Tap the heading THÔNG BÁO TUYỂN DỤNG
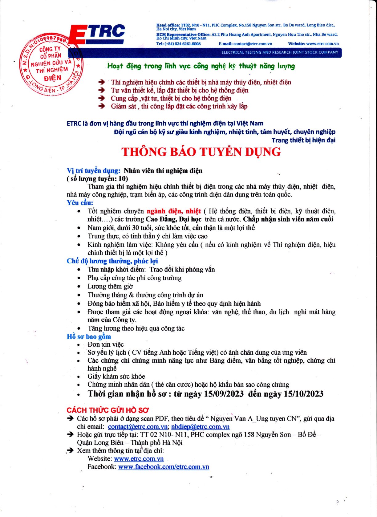[x=201, y=152]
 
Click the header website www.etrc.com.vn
[x=322, y=44]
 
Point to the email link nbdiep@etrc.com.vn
[x=200, y=427]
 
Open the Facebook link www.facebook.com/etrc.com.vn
[x=164, y=467]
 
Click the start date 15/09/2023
[x=224, y=394]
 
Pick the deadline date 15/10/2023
[x=304, y=394]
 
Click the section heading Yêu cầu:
[x=80, y=203]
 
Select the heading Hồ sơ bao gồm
[x=89, y=336]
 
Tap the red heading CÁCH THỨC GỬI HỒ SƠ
[x=108, y=410]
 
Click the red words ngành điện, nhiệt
[x=174, y=211]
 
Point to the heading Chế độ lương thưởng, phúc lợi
[x=112, y=261]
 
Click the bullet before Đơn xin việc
[x=79, y=345]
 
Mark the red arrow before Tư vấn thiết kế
[x=101, y=90]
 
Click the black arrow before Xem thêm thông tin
[x=71, y=450]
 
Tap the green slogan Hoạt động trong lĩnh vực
[x=201, y=66]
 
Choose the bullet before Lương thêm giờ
[x=79, y=287]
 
